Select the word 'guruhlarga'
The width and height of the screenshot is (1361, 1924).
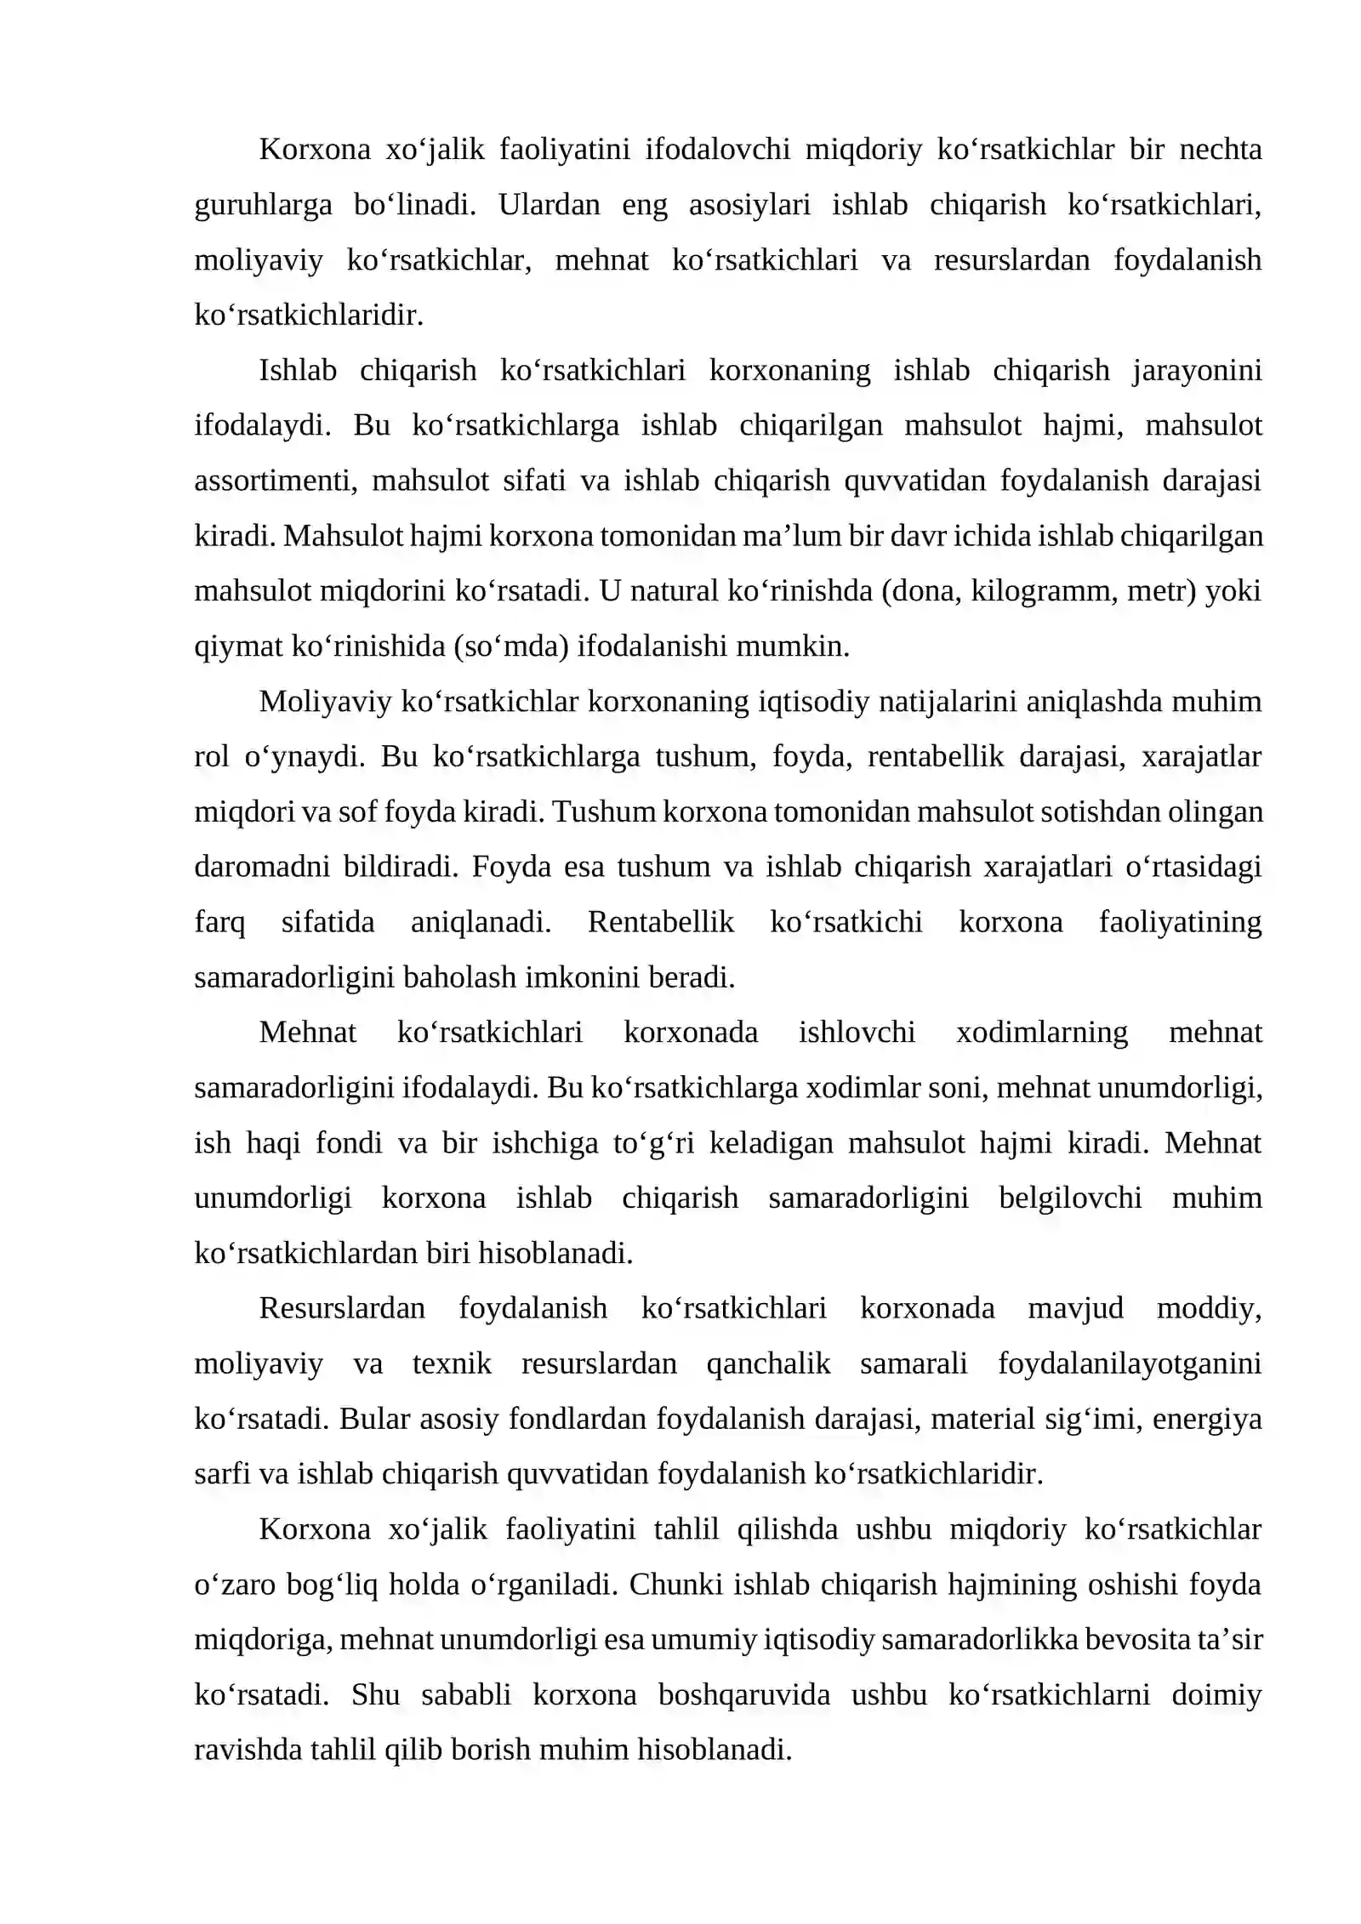[x=263, y=205]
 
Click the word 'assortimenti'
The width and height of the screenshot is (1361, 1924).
[x=270, y=481]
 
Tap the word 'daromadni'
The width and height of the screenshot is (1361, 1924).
[x=262, y=867]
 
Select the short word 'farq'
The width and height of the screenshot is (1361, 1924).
[x=219, y=923]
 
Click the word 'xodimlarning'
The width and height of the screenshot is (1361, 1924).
[x=1041, y=1033]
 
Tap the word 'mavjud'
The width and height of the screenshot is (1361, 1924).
[x=1075, y=1308]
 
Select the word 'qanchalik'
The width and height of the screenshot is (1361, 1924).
[x=768, y=1363]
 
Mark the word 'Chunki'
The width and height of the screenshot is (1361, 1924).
[x=677, y=1585]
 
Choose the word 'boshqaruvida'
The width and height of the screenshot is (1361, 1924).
[x=743, y=1695]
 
